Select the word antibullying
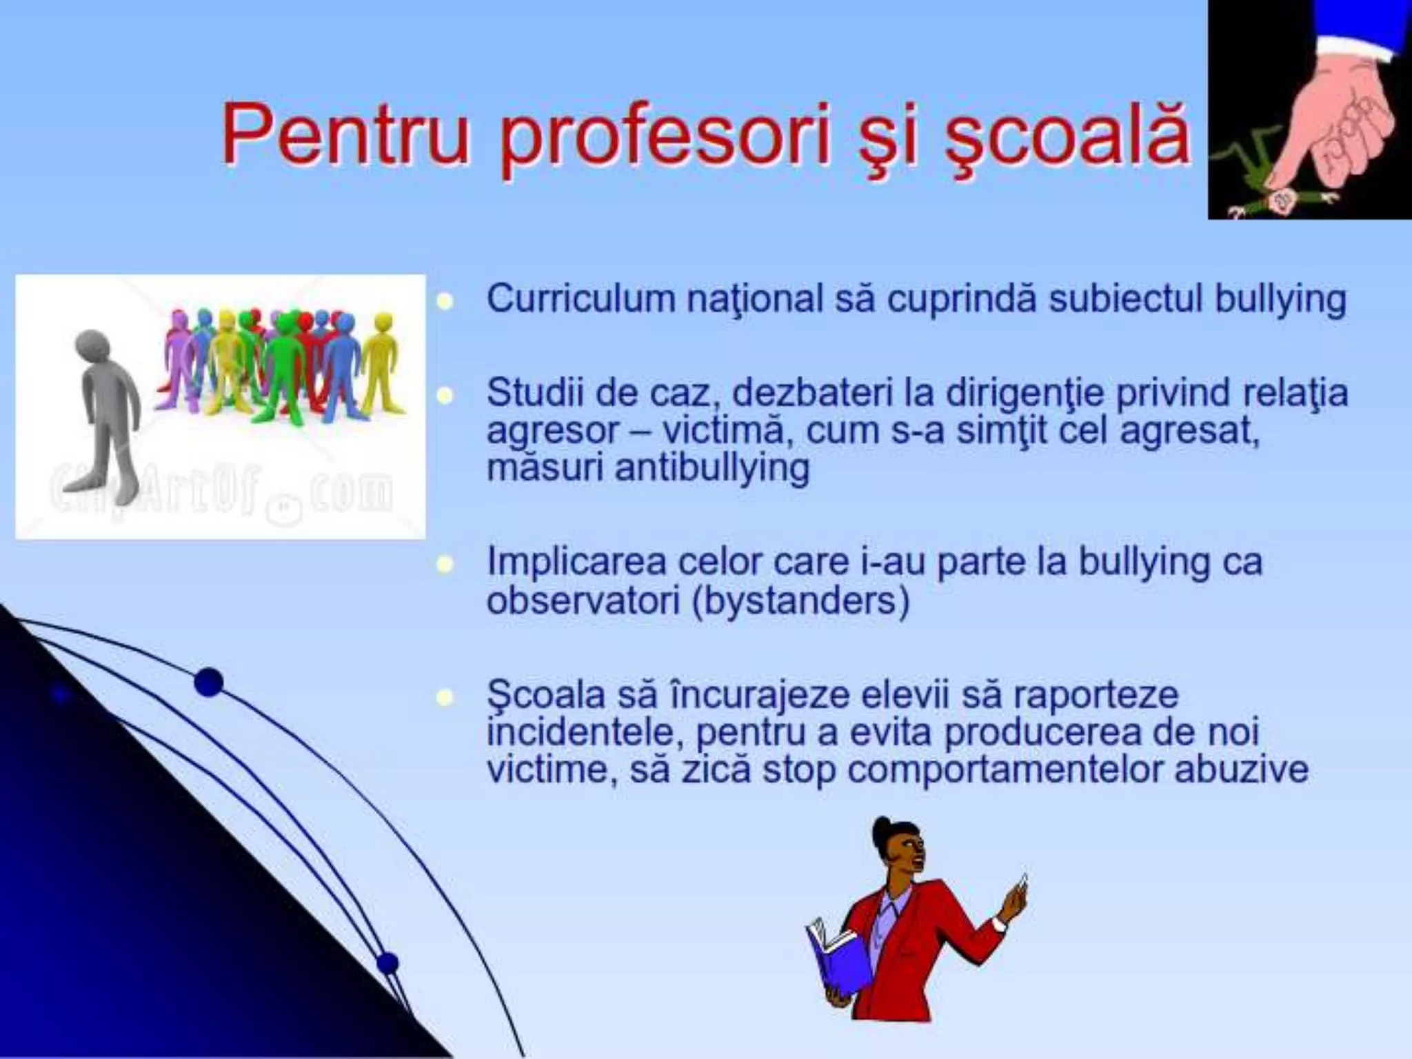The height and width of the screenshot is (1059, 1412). [x=712, y=468]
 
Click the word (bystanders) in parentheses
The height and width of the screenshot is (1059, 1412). [x=800, y=601]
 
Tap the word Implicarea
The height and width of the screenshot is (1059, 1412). [x=576, y=563]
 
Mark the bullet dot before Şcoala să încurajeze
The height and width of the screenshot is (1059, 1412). [x=446, y=697]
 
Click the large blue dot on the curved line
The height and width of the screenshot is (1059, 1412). [x=208, y=683]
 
